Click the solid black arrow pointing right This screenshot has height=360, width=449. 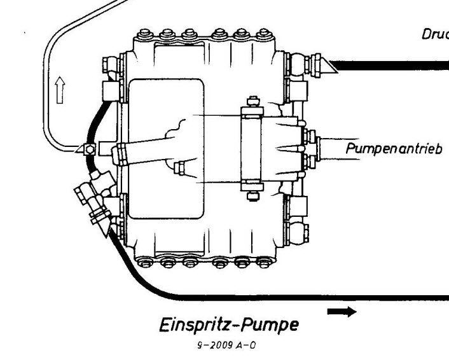(x=342, y=311)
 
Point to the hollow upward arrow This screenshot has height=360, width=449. (x=60, y=89)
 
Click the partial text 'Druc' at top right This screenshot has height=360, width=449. (x=434, y=34)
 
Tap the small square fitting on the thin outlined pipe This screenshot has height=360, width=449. (x=90, y=149)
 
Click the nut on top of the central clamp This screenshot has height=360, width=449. (x=252, y=101)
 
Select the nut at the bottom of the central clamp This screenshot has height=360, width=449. (x=252, y=196)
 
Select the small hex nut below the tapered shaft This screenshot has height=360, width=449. (x=179, y=169)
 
